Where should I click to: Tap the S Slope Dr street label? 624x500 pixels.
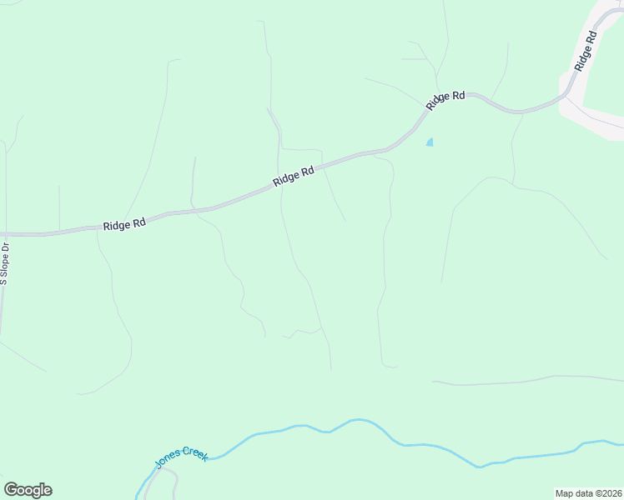tap(4, 264)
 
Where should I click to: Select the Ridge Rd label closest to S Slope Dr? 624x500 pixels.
tap(124, 225)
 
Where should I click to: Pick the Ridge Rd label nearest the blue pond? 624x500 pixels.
tap(445, 100)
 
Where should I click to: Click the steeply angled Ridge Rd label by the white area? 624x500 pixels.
tap(586, 51)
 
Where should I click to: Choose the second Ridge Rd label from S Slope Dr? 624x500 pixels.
tap(293, 176)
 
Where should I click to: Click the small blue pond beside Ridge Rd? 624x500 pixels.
tap(430, 142)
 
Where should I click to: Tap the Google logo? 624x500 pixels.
tap(28, 490)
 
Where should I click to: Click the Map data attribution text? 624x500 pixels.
tap(588, 493)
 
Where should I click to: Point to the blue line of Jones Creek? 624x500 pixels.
tap(350, 421)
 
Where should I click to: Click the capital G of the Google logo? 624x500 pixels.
tap(11, 490)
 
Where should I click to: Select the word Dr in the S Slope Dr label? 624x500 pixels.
tap(4, 247)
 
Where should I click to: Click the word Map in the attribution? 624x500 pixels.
tap(565, 493)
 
